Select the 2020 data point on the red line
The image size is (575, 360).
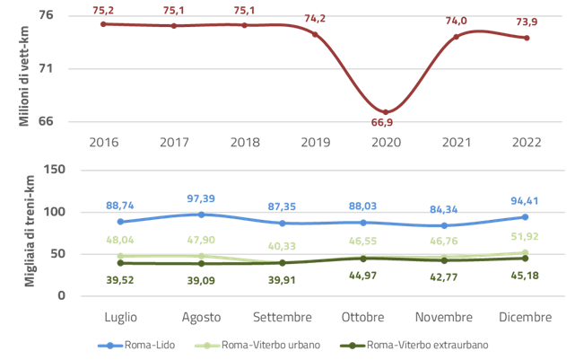click(x=386, y=111)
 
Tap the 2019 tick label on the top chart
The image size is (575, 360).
click(x=315, y=142)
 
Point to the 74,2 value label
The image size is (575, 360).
click(x=315, y=19)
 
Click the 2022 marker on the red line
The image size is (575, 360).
click(x=526, y=38)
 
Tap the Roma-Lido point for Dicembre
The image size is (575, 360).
click(x=525, y=216)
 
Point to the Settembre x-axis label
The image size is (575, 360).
click(x=283, y=318)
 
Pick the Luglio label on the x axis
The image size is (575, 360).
click(x=121, y=318)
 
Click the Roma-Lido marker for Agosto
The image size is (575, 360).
click(x=202, y=214)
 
